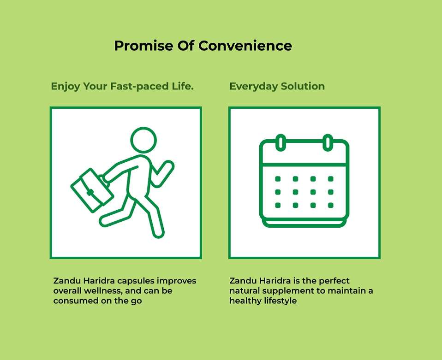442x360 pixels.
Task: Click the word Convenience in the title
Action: (245, 46)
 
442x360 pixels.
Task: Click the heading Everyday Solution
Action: (277, 86)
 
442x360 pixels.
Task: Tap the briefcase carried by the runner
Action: (92, 190)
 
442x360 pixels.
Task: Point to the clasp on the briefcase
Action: (90, 193)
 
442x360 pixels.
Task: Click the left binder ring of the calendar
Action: (281, 142)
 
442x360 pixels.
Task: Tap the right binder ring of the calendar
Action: (328, 142)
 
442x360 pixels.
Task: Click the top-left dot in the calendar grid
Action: (278, 179)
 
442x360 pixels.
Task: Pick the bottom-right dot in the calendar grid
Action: (331, 205)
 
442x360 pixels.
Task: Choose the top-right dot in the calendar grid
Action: (331, 179)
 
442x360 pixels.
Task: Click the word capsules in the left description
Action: (136, 281)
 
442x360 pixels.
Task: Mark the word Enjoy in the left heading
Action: (66, 87)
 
